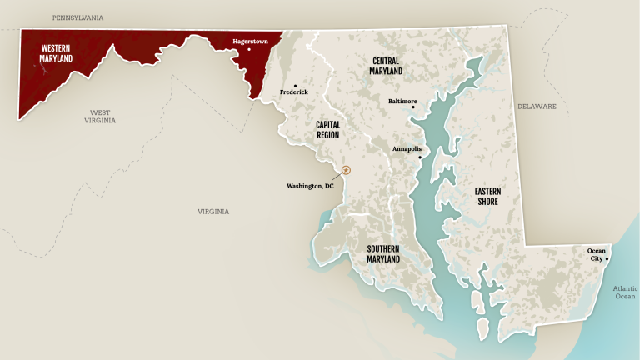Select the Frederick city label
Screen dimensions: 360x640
(x=294, y=92)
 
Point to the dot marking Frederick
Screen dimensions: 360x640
(x=294, y=84)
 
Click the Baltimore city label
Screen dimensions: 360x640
(x=402, y=102)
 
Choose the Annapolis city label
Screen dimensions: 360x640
(x=407, y=149)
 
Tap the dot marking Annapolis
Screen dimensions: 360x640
(x=420, y=157)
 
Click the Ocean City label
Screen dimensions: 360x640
(x=597, y=254)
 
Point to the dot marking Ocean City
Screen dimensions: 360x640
(x=607, y=258)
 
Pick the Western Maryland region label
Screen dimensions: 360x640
(x=55, y=53)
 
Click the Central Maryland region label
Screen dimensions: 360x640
(x=386, y=66)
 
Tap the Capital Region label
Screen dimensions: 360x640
(x=327, y=128)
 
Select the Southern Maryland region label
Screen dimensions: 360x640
(x=383, y=253)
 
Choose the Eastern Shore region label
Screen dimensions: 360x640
(x=487, y=195)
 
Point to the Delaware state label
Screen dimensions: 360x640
(x=536, y=107)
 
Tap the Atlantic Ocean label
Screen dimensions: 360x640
(x=624, y=292)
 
